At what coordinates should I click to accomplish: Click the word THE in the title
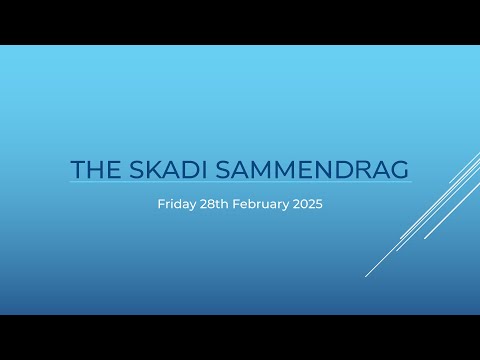click(93, 169)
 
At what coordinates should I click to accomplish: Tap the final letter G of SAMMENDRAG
click(400, 169)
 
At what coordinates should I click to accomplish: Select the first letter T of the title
click(77, 169)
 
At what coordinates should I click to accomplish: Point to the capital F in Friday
click(161, 203)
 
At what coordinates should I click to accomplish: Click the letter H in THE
click(93, 169)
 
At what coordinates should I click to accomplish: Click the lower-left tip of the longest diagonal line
click(366, 276)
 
